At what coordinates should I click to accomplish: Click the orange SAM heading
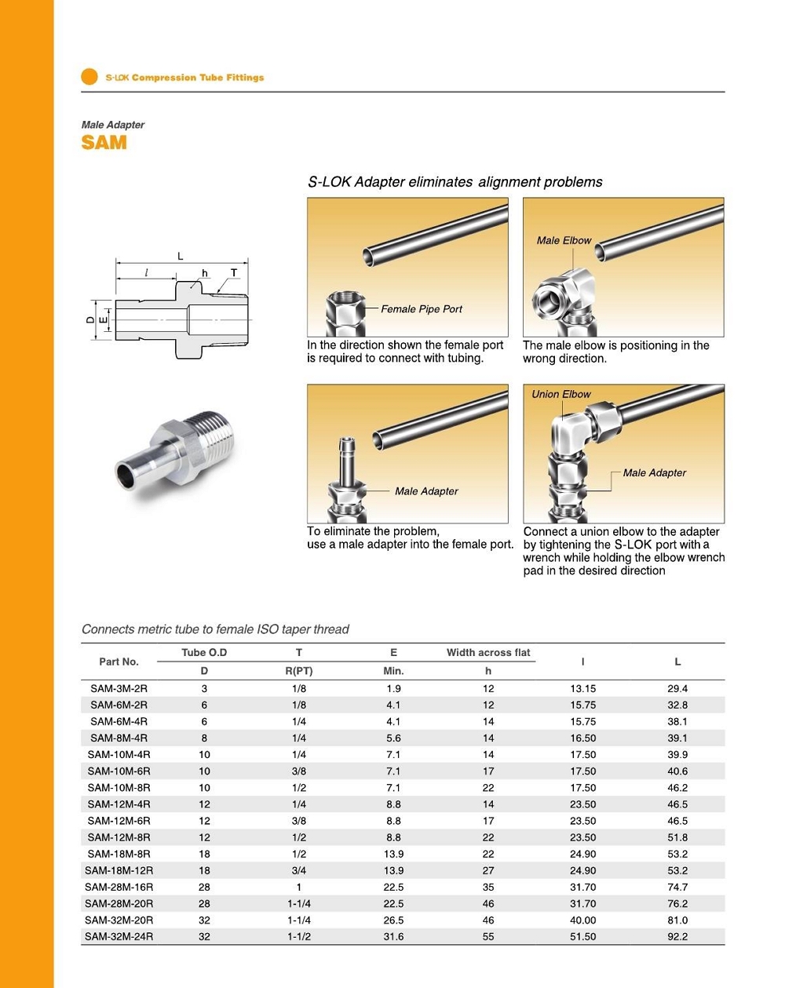click(x=104, y=143)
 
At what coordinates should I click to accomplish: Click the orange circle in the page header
click(x=89, y=77)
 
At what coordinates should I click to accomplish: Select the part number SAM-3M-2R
click(x=119, y=688)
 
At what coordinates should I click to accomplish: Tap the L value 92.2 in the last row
click(x=677, y=936)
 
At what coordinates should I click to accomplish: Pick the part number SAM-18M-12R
click(x=119, y=870)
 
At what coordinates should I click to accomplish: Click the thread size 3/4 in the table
click(x=298, y=870)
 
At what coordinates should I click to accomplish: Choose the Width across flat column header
click(x=488, y=652)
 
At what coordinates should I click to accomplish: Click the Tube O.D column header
click(x=204, y=652)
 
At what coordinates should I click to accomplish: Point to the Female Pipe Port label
click(x=422, y=309)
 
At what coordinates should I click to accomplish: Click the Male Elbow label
click(x=564, y=241)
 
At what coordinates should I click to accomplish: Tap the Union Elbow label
click(x=561, y=394)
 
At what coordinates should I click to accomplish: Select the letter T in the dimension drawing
click(x=233, y=273)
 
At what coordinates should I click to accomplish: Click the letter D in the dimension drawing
click(x=90, y=319)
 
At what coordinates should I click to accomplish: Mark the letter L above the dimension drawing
click(x=180, y=256)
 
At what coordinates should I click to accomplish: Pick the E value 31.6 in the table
click(x=393, y=936)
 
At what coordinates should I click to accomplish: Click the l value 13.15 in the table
click(x=582, y=688)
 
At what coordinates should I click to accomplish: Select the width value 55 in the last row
click(x=488, y=936)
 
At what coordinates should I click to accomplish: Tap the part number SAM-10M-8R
click(x=119, y=787)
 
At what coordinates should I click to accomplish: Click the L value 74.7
click(x=677, y=887)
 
